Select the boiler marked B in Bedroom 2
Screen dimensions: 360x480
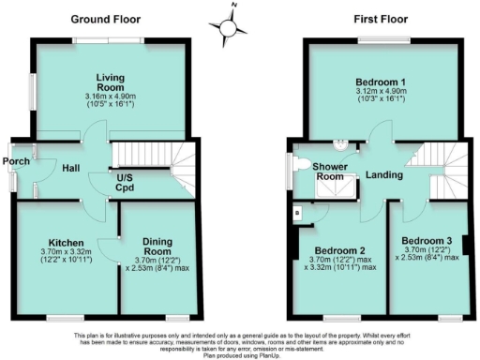click(x=297, y=212)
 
